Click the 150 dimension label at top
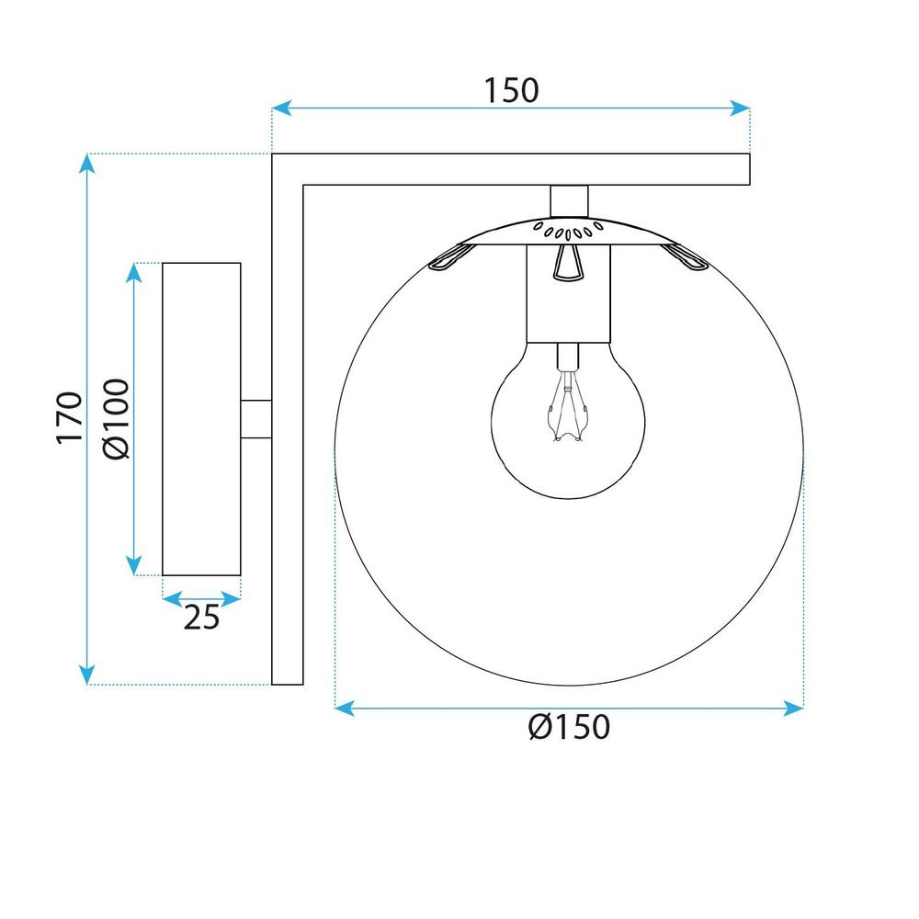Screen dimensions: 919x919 511,89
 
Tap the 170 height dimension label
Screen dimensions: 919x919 70,419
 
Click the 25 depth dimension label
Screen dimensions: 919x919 201,618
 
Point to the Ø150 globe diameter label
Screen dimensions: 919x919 570,728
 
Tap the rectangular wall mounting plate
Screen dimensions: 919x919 201,419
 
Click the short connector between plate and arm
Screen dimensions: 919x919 256,419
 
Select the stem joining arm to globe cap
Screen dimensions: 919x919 569,199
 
